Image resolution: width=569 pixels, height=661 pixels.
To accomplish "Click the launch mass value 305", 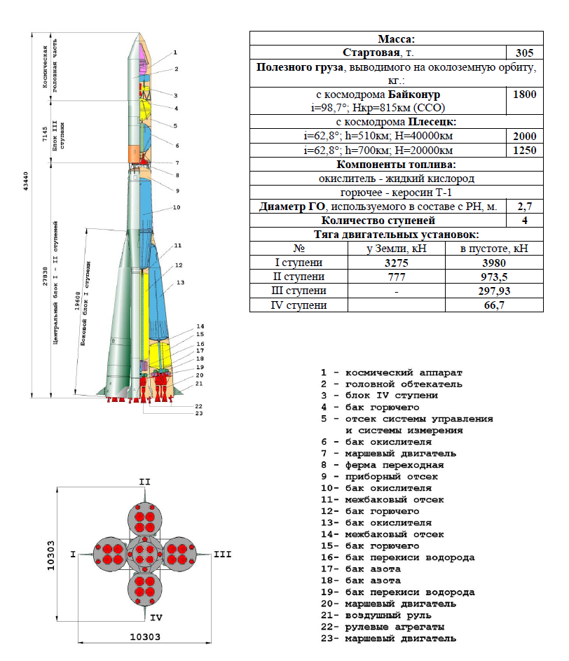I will [x=524, y=53].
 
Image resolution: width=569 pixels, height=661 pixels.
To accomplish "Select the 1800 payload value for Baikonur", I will [x=524, y=95].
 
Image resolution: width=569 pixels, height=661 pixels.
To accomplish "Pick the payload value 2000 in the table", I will [x=524, y=137].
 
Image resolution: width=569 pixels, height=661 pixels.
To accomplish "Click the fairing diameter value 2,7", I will [x=524, y=207].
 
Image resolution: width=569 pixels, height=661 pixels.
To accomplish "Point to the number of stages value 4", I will [x=524, y=221].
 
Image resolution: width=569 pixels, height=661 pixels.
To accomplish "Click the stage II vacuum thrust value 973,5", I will [x=484, y=277].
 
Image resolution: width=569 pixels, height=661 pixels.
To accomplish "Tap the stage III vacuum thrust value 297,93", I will [x=484, y=291].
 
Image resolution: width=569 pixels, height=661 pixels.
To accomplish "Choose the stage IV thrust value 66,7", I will [x=484, y=305].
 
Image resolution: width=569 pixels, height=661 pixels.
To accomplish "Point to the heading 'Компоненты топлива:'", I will [x=396, y=165].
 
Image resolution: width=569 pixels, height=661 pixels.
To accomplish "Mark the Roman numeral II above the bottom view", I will [x=144, y=482].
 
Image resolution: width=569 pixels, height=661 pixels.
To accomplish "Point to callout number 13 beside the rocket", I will [x=180, y=282].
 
